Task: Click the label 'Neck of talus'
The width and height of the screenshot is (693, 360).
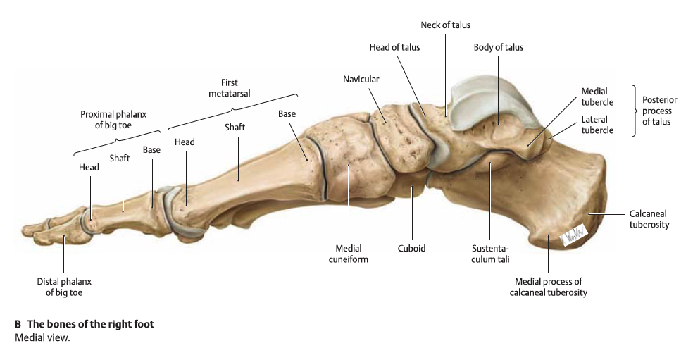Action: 445,25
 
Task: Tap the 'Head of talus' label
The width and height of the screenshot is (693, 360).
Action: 394,47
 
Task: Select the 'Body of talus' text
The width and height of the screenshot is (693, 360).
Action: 499,47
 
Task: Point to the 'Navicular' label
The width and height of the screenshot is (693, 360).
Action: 361,79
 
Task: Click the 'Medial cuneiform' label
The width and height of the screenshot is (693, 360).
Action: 349,254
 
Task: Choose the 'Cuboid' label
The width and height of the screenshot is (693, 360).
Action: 411,249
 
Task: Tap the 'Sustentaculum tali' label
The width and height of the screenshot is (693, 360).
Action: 490,254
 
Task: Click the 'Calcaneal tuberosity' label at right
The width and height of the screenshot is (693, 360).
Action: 649,219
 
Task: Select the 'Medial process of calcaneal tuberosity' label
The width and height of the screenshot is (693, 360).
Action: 549,287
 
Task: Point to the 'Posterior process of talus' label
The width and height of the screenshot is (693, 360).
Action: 659,111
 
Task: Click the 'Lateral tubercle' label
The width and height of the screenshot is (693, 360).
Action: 597,125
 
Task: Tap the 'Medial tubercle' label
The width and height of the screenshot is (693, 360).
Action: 597,97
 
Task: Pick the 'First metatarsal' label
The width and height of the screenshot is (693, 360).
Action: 230,88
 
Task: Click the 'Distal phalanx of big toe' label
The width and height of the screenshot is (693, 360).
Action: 64,287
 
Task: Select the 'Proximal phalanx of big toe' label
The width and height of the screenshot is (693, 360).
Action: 113,119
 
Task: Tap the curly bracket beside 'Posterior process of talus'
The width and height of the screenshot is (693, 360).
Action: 635,111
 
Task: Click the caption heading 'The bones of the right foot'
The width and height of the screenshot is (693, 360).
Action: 91,324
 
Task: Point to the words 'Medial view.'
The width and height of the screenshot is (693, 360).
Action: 42,338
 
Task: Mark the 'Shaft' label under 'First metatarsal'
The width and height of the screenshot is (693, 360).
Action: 235,128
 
